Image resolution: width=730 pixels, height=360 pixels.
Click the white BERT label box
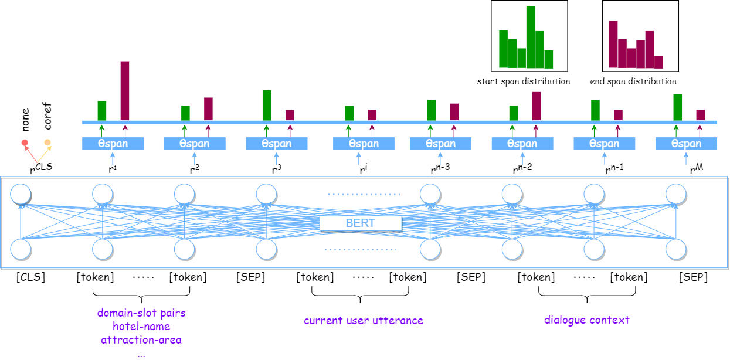point(361,223)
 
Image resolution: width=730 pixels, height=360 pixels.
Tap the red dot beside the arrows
point(25,142)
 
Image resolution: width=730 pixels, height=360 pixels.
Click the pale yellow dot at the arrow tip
point(47,142)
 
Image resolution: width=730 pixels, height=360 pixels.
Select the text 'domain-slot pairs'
point(141,313)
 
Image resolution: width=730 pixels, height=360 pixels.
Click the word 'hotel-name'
point(141,326)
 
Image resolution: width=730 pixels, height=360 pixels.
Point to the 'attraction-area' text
point(141,339)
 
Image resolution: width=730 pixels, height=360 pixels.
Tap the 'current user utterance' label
point(364,321)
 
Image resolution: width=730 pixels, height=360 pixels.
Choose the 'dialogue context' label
point(587,320)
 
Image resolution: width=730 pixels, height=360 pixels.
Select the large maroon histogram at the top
point(635,50)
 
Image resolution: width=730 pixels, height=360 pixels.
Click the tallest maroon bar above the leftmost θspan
point(125,91)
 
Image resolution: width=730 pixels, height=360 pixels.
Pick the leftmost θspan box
point(113,144)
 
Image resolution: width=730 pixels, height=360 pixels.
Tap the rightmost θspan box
point(686,144)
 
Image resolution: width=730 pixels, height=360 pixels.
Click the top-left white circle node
point(21,194)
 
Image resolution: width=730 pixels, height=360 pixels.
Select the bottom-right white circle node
point(675,249)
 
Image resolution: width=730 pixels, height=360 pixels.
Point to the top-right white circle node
point(675,194)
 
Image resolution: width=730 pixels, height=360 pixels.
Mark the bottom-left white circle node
point(21,249)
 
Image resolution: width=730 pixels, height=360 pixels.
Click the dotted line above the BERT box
point(364,194)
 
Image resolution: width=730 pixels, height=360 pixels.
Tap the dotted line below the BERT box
point(361,249)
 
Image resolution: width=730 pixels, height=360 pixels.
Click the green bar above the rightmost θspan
point(678,107)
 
